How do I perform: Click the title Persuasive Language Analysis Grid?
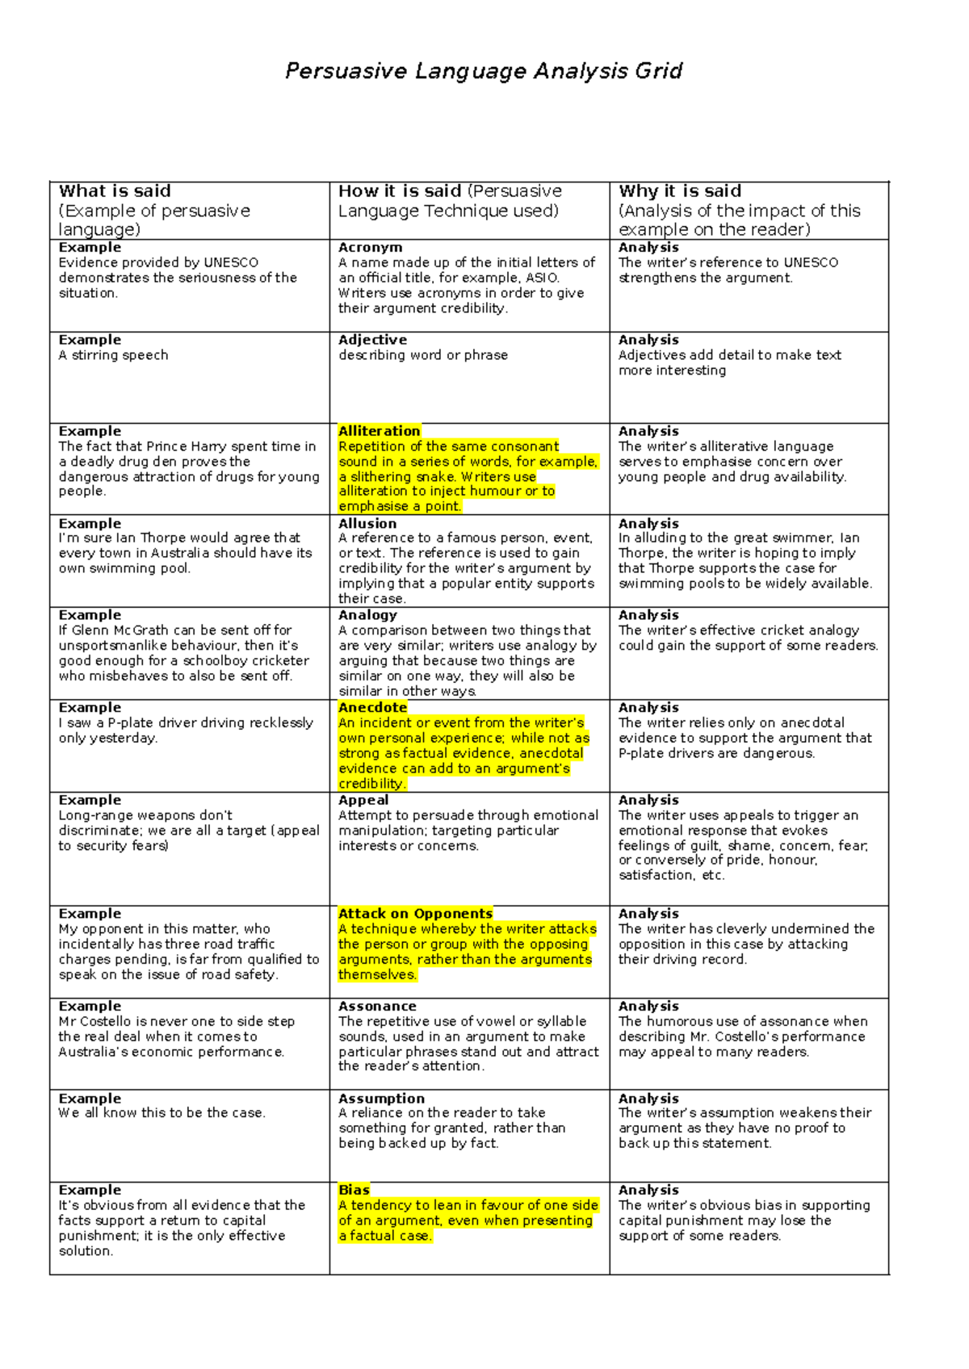pos(484,71)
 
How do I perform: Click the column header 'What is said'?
pos(115,191)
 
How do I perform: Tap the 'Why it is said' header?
pos(680,191)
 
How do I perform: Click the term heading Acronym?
pos(370,248)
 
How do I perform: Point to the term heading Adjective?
pos(372,340)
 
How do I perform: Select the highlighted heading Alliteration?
pos(379,431)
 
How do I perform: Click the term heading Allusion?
pos(367,524)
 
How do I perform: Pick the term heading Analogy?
pos(367,615)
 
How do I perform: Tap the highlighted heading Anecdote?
pos(372,708)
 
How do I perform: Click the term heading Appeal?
pos(363,800)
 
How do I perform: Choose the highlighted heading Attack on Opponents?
pos(415,914)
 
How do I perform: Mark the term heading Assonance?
pos(377,1007)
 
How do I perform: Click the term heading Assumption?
pos(381,1099)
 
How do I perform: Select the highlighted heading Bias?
pos(354,1190)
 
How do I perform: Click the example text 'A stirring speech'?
pos(113,355)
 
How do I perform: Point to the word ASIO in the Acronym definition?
pos(542,278)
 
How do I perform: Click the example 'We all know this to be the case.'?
pos(161,1113)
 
